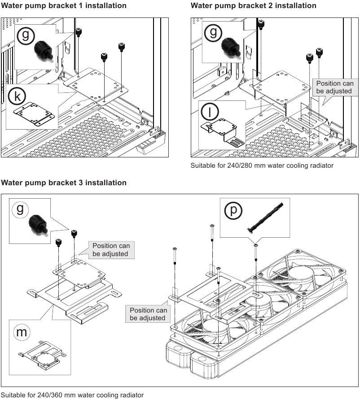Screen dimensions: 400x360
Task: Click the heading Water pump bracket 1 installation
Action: click(x=64, y=6)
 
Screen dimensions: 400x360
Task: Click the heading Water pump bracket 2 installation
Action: click(x=253, y=6)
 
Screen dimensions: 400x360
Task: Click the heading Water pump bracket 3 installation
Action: click(x=64, y=183)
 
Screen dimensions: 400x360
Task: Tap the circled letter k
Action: click(x=17, y=96)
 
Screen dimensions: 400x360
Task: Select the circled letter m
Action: click(x=21, y=332)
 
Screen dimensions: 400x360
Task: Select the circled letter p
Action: click(x=233, y=211)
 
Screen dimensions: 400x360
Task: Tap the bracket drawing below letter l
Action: click(x=222, y=131)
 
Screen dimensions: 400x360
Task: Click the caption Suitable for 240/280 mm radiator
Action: click(x=262, y=165)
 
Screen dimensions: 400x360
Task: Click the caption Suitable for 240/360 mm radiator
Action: click(x=73, y=395)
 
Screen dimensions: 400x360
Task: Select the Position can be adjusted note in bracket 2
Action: click(x=334, y=87)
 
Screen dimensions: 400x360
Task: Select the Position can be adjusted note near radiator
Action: click(x=148, y=314)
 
